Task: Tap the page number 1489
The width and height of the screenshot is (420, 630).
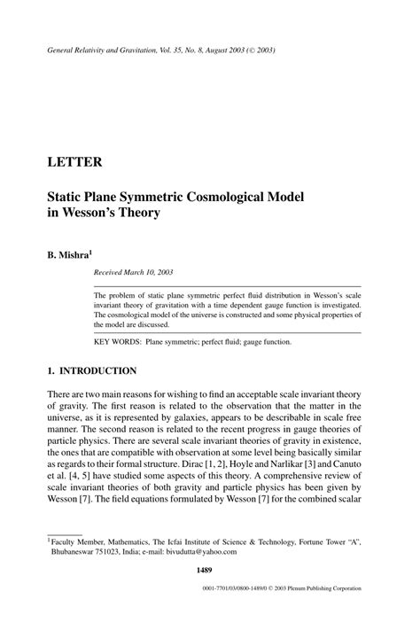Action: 210,582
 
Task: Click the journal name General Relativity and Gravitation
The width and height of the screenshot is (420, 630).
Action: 105,51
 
